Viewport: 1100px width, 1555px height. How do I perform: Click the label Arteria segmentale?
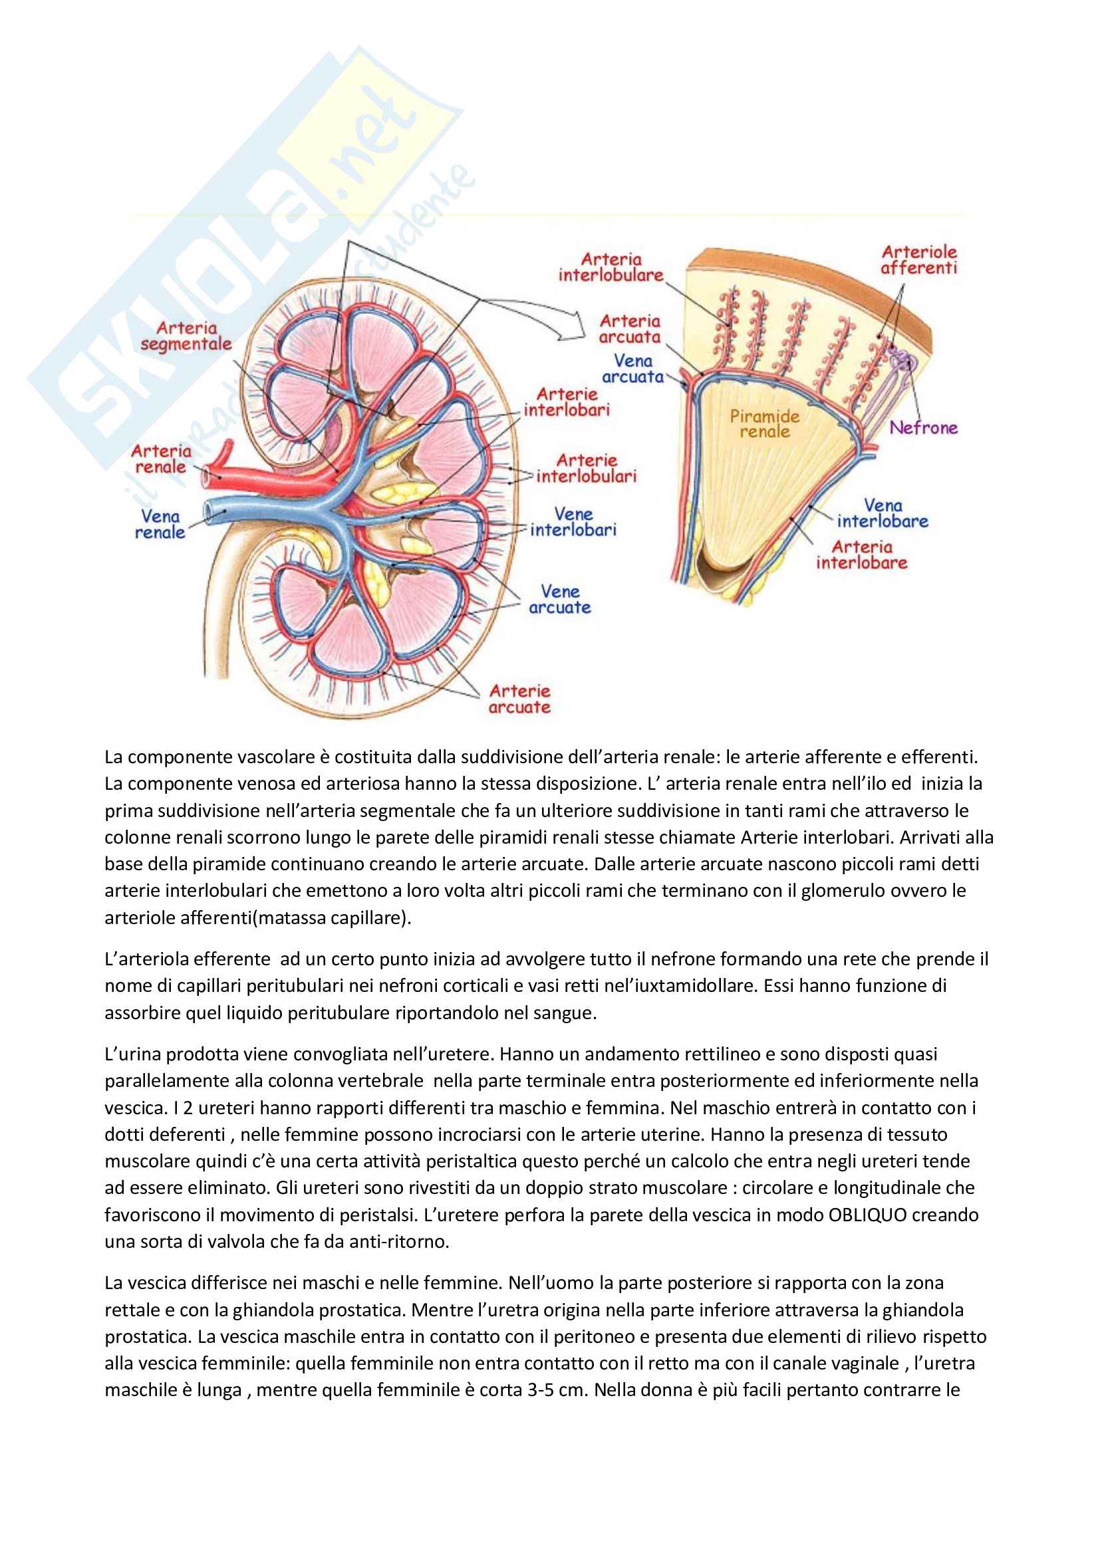186,336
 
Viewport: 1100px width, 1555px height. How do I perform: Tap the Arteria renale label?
160,459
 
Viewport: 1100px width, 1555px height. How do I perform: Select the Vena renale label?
160,524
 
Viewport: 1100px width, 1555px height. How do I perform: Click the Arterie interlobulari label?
586,468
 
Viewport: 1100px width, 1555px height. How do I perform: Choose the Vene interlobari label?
573,522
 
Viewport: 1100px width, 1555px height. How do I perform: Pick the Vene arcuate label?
559,600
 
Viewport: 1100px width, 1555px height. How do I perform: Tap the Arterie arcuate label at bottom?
519,699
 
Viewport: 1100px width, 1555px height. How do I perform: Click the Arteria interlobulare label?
611,267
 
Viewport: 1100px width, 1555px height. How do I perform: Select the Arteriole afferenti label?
918,260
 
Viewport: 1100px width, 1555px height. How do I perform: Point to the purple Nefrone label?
923,427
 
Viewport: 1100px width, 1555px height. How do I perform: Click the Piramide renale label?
765,424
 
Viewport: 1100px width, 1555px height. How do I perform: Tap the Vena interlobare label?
883,513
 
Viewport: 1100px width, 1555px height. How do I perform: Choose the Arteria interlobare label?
861,554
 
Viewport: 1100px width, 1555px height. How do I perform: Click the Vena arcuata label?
632,368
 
